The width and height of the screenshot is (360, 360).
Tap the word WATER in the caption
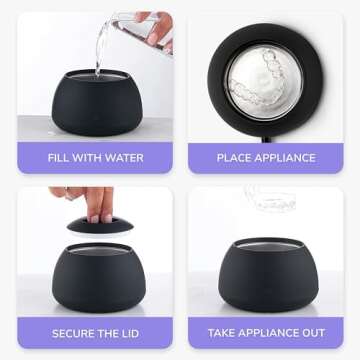click(127, 158)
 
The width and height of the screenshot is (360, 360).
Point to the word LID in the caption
click(130, 333)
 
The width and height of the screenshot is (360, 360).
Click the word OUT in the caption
click(314, 333)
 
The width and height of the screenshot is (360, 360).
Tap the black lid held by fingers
click(100, 225)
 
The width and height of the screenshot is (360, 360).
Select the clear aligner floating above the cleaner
click(270, 199)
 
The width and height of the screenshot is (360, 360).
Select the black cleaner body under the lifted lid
click(99, 277)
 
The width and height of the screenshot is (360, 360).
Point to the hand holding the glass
click(157, 28)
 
